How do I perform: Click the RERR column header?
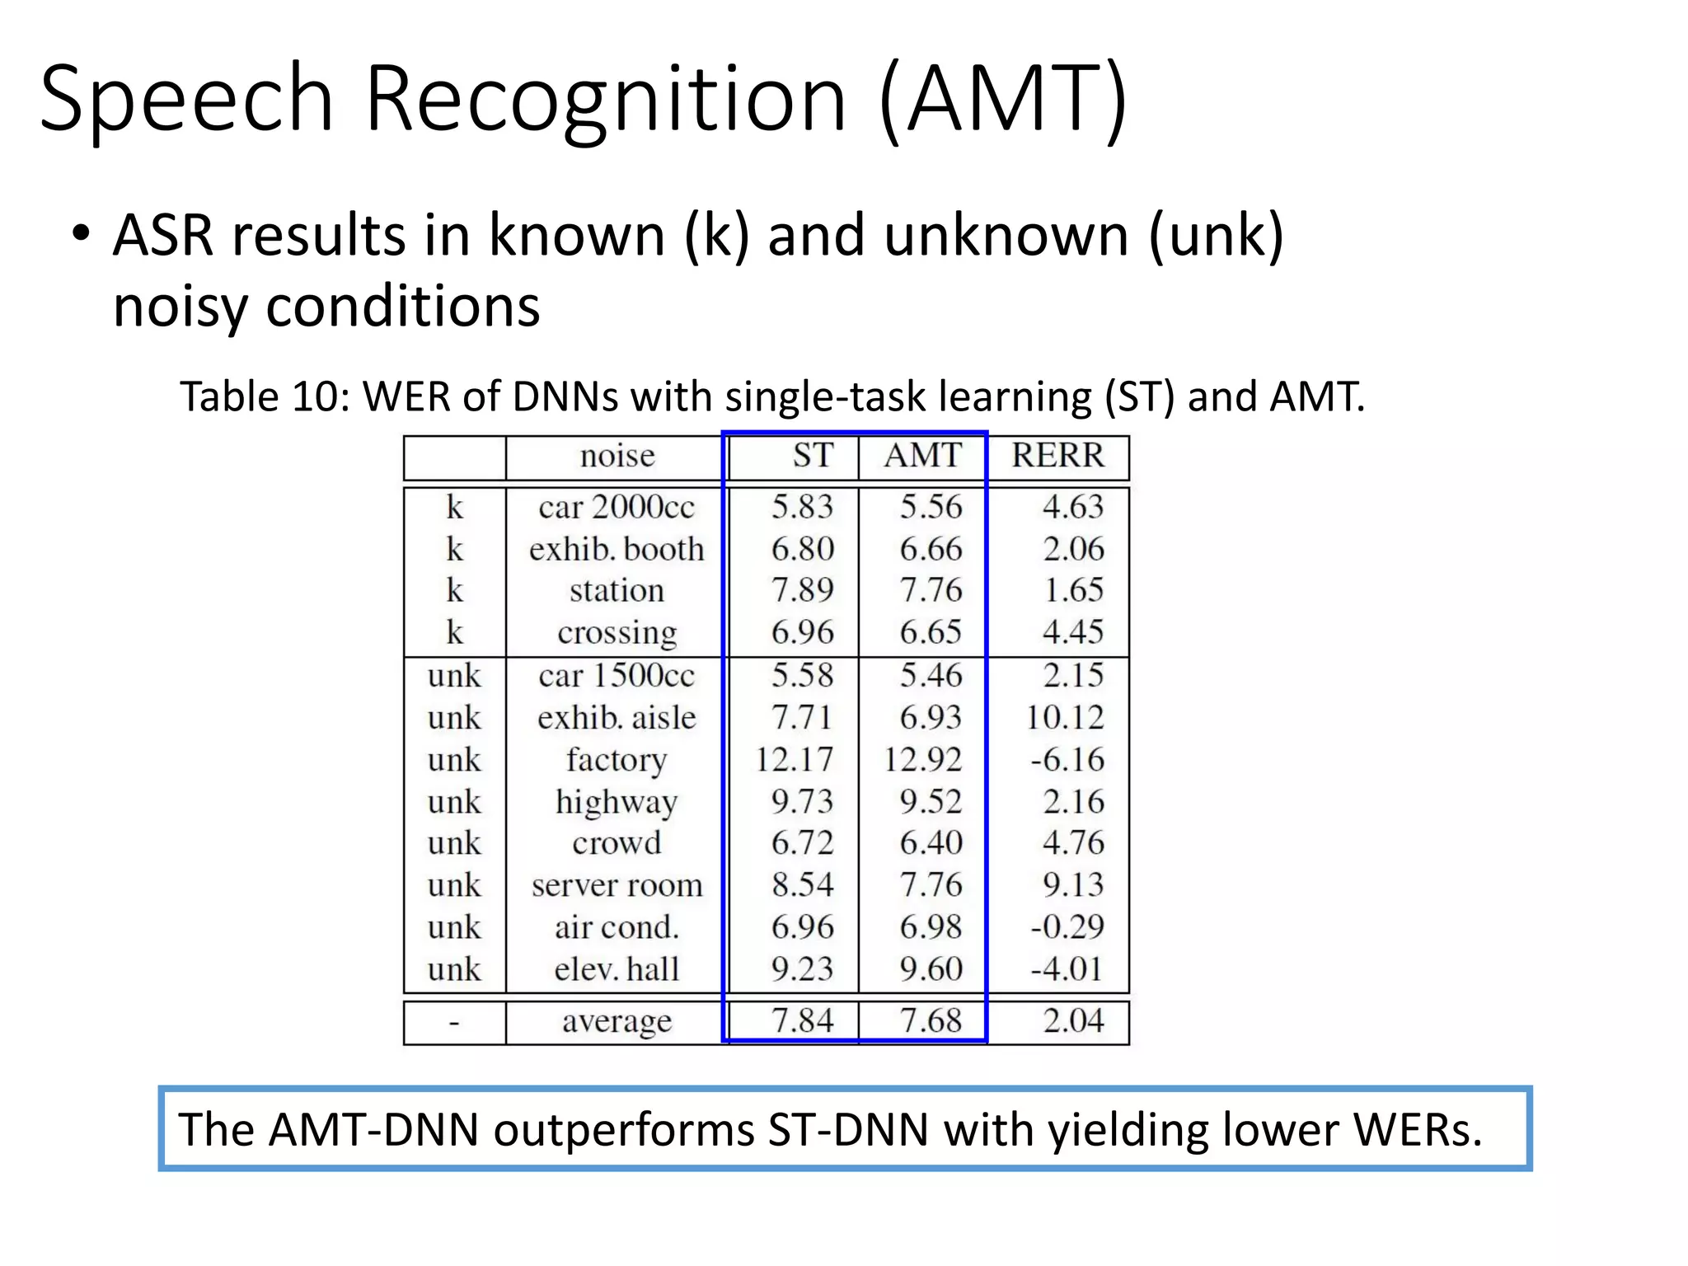pyautogui.click(x=1057, y=455)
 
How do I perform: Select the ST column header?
pyautogui.click(x=813, y=455)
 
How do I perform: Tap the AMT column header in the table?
pyautogui.click(x=923, y=455)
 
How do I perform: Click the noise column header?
pyautogui.click(x=617, y=455)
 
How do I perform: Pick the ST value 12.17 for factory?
pyautogui.click(x=795, y=759)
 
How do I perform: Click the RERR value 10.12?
pyautogui.click(x=1064, y=717)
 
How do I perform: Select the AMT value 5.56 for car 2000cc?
pyautogui.click(x=931, y=506)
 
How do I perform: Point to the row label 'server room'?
pyautogui.click(x=617, y=885)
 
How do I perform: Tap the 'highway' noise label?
pyautogui.click(x=617, y=802)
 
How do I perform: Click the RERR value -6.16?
pyautogui.click(x=1067, y=759)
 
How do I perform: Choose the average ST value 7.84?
pyautogui.click(x=802, y=1020)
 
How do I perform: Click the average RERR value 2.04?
pyautogui.click(x=1073, y=1020)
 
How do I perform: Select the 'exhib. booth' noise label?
pyautogui.click(x=617, y=549)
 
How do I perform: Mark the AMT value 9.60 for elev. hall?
pyautogui.click(x=931, y=968)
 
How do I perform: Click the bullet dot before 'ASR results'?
pyautogui.click(x=80, y=233)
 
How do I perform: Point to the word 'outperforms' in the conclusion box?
pyautogui.click(x=623, y=1129)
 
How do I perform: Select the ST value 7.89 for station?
pyautogui.click(x=802, y=590)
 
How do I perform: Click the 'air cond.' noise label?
pyautogui.click(x=617, y=927)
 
